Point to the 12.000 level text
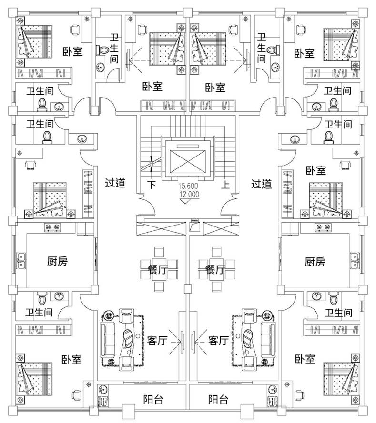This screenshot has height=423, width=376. [189, 194]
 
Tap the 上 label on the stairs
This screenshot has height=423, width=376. [225, 186]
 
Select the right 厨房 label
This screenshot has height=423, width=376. [315, 261]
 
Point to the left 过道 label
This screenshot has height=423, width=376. [115, 183]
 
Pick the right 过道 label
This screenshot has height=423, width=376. [261, 183]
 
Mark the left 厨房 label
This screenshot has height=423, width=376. [57, 261]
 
